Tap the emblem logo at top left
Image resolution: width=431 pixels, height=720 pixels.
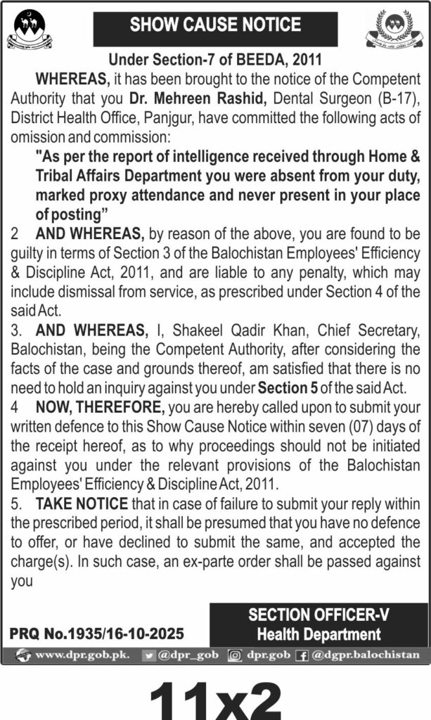point(29,30)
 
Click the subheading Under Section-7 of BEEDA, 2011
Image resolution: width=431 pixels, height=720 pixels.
point(215,61)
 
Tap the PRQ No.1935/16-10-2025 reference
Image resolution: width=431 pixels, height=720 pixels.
point(105,634)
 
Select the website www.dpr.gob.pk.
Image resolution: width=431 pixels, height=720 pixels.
point(82,655)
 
